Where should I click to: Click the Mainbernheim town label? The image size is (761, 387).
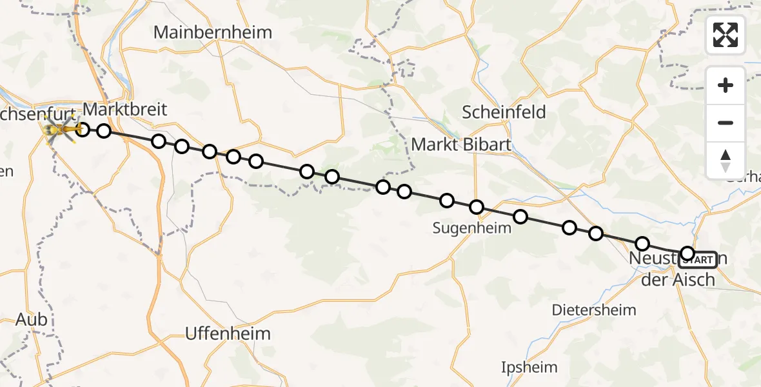click(213, 32)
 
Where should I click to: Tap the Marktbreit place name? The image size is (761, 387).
click(125, 110)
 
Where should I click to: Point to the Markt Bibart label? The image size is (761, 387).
click(461, 144)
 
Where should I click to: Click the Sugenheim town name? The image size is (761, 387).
click(466, 228)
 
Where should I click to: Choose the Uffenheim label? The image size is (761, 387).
click(228, 333)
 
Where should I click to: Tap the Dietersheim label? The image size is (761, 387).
click(594, 310)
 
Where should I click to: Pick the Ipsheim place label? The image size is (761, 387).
click(529, 368)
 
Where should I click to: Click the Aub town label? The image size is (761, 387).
click(32, 321)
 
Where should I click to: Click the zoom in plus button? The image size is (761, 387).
click(726, 85)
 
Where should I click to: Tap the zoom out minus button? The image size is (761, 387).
click(726, 123)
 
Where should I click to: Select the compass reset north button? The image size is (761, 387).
click(726, 160)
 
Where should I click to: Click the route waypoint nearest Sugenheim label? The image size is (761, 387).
click(477, 207)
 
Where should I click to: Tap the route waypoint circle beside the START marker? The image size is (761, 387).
click(687, 253)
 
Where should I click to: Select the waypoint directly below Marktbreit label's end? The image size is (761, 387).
click(159, 141)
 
